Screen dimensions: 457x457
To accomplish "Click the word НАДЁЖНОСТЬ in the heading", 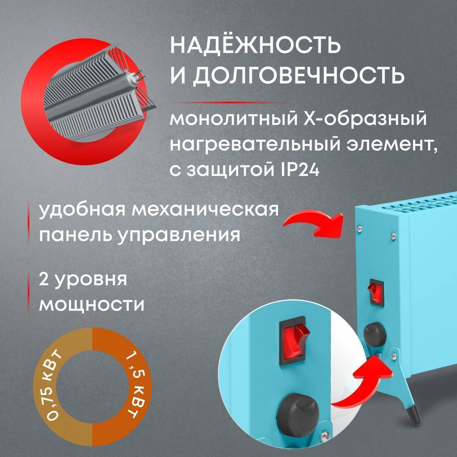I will point(254,46).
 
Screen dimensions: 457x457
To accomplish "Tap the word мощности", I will point(92,305).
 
